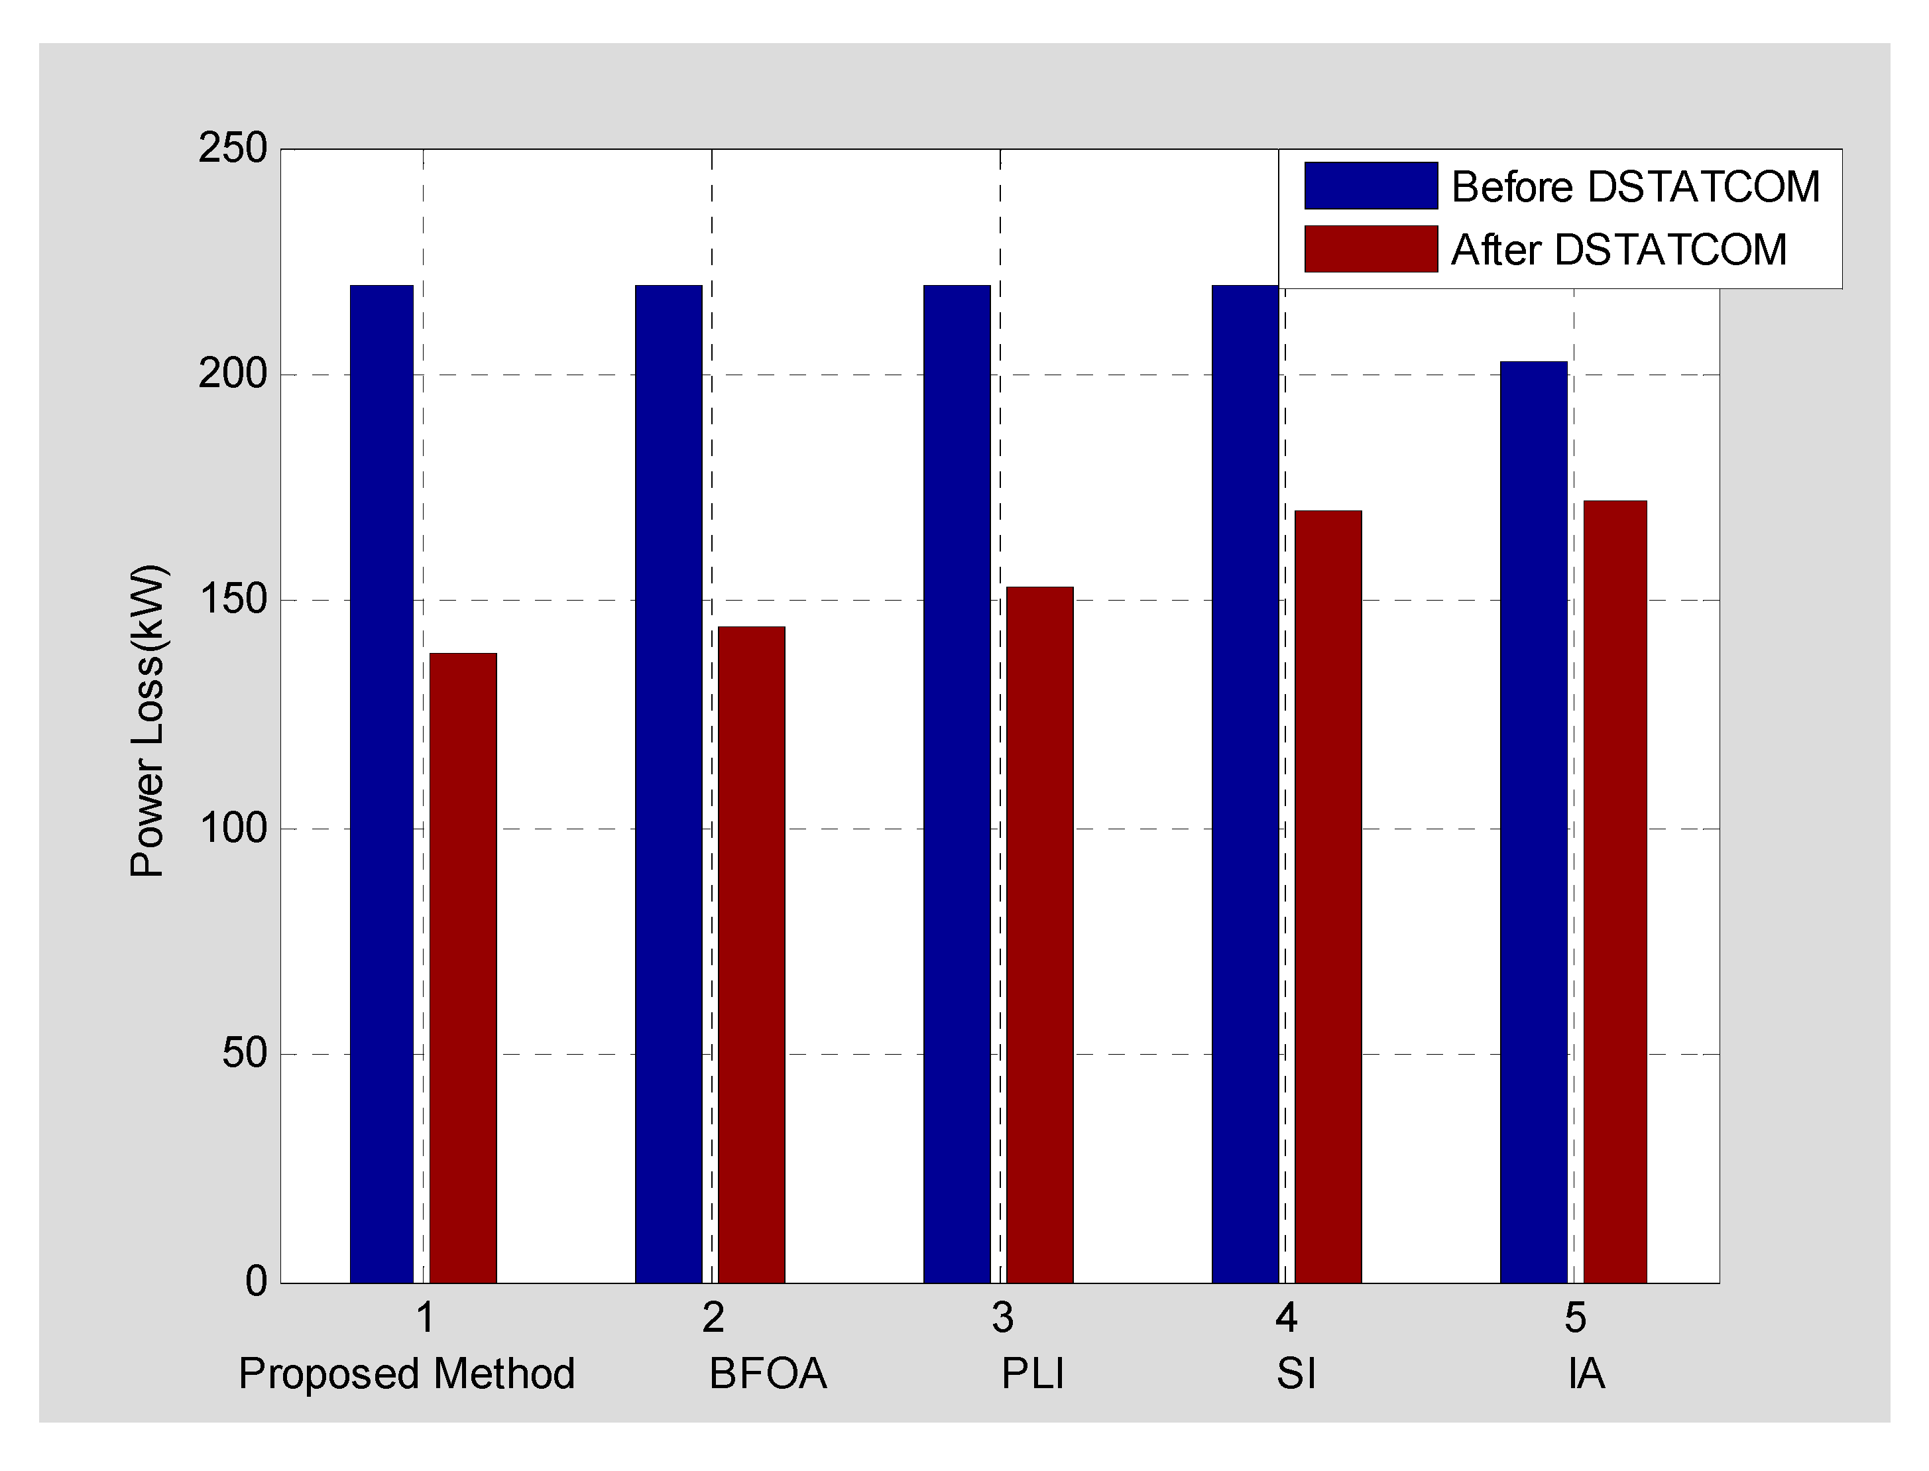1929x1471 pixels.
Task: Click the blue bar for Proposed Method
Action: click(x=381, y=784)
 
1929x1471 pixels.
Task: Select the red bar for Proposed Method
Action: click(x=463, y=968)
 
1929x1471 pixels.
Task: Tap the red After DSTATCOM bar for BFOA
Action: click(x=751, y=955)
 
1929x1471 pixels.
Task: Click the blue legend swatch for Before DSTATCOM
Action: click(x=1370, y=186)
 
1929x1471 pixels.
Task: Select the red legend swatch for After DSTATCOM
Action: click(x=1370, y=249)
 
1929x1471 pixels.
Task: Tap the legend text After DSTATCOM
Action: click(x=1618, y=249)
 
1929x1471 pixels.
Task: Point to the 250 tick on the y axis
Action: click(x=232, y=149)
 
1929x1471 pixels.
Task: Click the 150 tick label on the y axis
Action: click(x=232, y=601)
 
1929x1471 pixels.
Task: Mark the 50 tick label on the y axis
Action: click(x=243, y=1053)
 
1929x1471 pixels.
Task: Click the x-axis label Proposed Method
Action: click(x=406, y=1373)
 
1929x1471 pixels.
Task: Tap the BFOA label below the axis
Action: click(x=768, y=1373)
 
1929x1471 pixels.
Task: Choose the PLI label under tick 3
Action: click(x=1032, y=1373)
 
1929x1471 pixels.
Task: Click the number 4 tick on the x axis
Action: click(x=1285, y=1318)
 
